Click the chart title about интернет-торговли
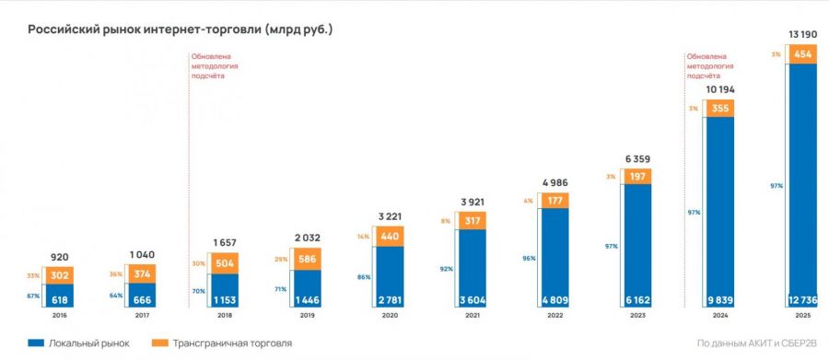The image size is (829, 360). [181, 29]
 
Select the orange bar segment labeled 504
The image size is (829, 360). [225, 264]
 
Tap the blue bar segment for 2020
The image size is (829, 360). [390, 277]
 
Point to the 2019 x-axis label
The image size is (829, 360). [307, 316]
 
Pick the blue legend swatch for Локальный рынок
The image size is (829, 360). [35, 343]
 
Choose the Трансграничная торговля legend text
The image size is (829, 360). [232, 343]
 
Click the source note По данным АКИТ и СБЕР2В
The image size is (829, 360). [756, 343]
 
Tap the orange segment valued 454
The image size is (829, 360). [802, 54]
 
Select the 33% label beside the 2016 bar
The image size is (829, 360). [33, 275]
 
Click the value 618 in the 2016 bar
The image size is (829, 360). [59, 300]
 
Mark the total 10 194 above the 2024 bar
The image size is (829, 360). [720, 90]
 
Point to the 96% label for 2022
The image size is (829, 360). [529, 259]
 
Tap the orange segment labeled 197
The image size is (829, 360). [637, 177]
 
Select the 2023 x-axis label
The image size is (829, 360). [637, 316]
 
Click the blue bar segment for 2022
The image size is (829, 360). [555, 258]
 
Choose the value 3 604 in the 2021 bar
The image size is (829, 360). [473, 300]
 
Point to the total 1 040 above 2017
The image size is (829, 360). [142, 255]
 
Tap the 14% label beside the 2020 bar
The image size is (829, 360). [363, 237]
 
